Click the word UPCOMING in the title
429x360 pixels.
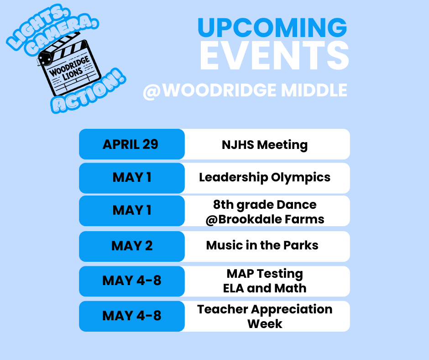(x=272, y=28)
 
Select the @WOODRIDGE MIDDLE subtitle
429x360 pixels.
(x=245, y=90)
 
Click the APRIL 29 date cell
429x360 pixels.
(x=131, y=144)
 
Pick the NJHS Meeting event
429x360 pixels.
(x=265, y=145)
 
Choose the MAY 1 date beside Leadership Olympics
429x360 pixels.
(x=132, y=177)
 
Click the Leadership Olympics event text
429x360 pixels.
(x=265, y=177)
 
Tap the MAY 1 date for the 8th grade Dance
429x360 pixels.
(x=132, y=211)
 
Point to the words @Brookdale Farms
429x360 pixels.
(x=265, y=219)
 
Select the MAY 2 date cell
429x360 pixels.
(x=132, y=246)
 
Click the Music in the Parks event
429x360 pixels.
(x=262, y=245)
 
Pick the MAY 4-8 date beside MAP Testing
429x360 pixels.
(x=132, y=281)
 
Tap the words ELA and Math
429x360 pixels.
(x=265, y=288)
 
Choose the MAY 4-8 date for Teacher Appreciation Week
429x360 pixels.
(x=132, y=316)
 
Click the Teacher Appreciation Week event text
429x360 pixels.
(x=265, y=316)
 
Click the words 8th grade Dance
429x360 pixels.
(x=265, y=204)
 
